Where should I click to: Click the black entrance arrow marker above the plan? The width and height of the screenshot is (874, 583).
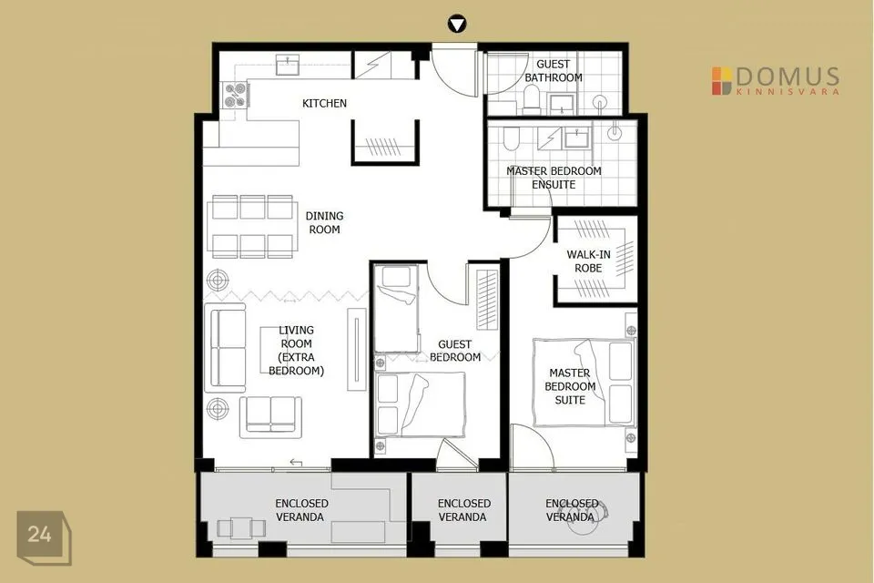(x=456, y=25)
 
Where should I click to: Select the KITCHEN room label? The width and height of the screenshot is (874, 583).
(x=324, y=103)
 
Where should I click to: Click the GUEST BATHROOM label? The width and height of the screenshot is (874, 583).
(x=554, y=71)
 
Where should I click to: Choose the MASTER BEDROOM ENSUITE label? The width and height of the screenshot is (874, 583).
(x=554, y=178)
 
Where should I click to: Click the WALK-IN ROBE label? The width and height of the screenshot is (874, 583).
(x=588, y=261)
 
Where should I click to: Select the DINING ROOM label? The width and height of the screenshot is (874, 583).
(x=324, y=222)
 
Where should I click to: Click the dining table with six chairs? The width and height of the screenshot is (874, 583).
(x=252, y=227)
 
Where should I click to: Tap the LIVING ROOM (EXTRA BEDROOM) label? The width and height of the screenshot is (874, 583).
(x=296, y=351)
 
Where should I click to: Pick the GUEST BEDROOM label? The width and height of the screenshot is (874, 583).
(x=455, y=351)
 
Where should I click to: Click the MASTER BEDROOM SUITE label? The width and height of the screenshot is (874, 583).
(x=570, y=386)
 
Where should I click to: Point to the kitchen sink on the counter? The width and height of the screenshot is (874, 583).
(x=288, y=65)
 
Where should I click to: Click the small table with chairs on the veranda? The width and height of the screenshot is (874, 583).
(x=241, y=527)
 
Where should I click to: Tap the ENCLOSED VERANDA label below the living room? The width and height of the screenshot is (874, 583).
(x=301, y=510)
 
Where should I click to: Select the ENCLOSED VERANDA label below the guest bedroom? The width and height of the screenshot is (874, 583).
(x=463, y=510)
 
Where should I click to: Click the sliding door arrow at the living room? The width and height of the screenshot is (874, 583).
(x=296, y=463)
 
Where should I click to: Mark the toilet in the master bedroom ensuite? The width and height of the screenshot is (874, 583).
(x=511, y=138)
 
